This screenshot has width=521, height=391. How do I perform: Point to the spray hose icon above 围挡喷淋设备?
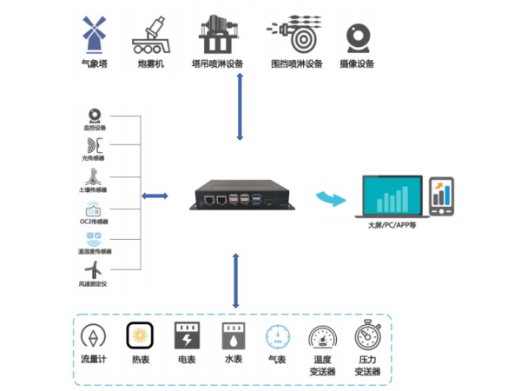tap(296, 35)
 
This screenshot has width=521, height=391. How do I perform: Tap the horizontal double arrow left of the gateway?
tap(155, 195)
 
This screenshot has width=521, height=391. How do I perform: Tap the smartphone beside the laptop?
tap(441, 197)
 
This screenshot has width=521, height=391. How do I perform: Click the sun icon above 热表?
tap(139, 335)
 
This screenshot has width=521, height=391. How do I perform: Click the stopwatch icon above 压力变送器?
tap(367, 335)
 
